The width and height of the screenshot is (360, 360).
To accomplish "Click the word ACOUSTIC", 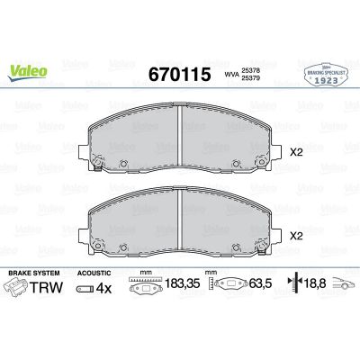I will pyautogui.click(x=94, y=271).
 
